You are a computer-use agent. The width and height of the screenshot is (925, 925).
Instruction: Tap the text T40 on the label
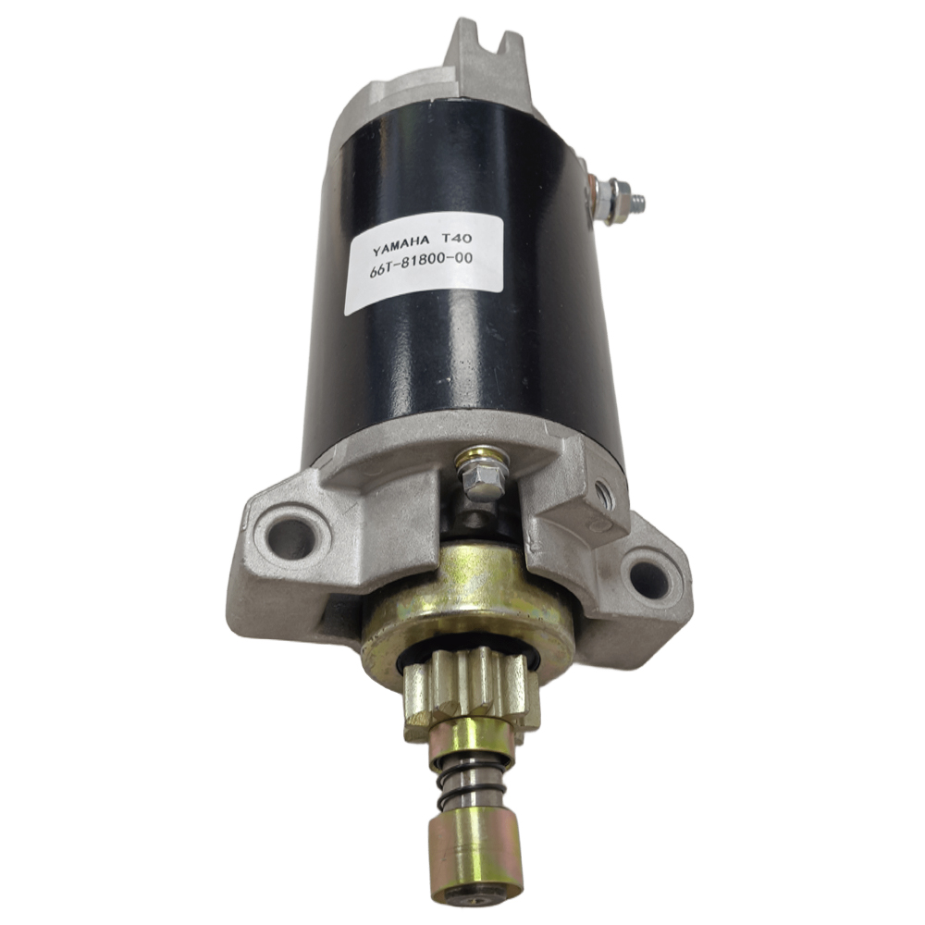(x=455, y=238)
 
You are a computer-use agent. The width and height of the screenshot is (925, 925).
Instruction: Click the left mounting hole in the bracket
(x=290, y=536)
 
